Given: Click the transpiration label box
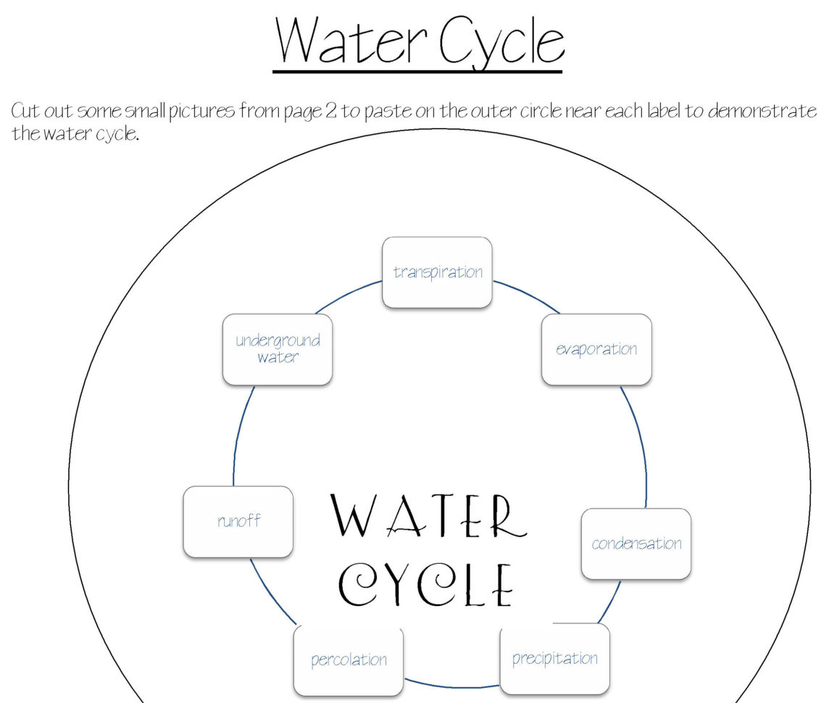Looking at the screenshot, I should click(437, 273).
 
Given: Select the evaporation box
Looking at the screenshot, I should click(596, 349).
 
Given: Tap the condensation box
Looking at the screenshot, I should click(636, 544).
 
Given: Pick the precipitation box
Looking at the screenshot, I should click(554, 659).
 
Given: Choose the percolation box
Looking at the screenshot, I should click(349, 660).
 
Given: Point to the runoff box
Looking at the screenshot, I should click(238, 521).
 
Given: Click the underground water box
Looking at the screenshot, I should click(278, 349).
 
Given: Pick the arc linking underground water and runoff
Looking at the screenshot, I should click(238, 435).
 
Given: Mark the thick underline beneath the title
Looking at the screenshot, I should click(417, 71).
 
